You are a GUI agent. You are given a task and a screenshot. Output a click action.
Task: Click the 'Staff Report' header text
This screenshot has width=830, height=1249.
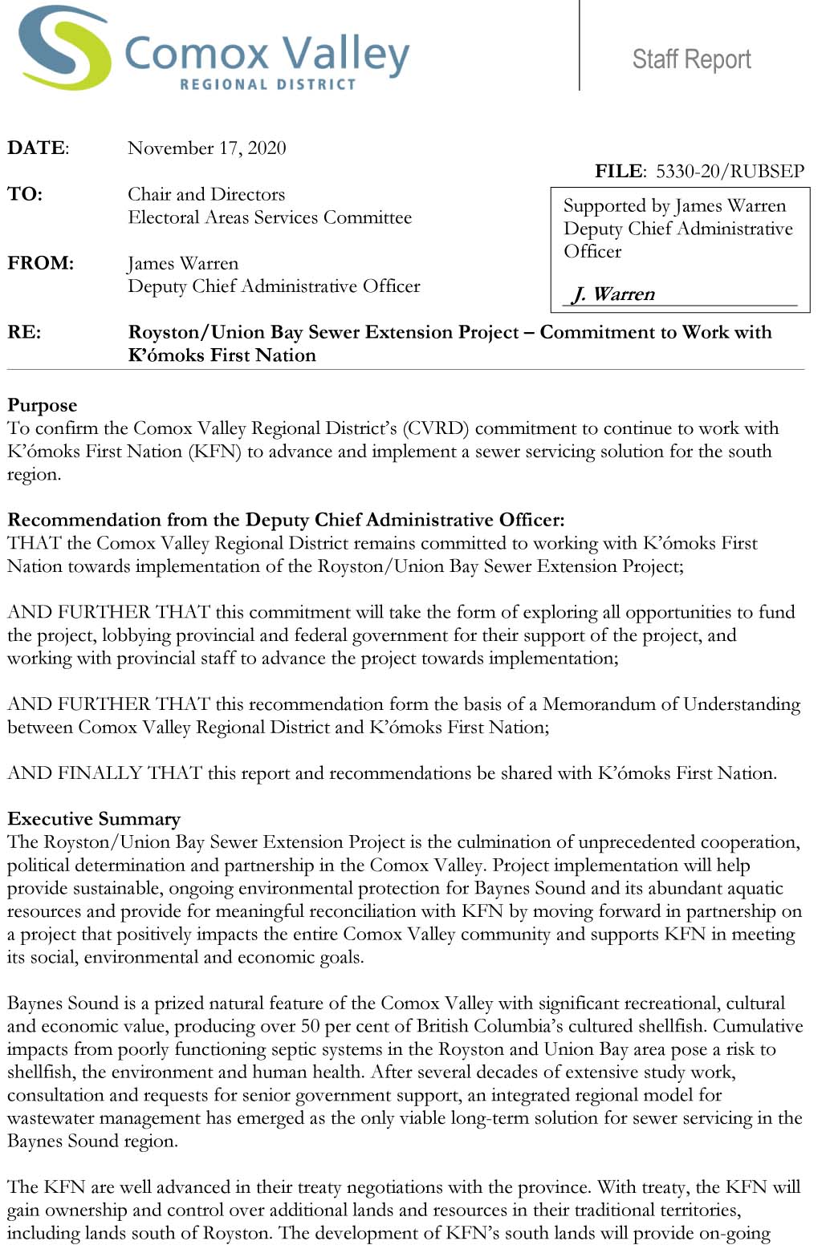click(x=691, y=59)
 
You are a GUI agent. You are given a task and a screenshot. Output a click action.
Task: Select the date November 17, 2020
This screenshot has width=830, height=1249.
click(x=206, y=148)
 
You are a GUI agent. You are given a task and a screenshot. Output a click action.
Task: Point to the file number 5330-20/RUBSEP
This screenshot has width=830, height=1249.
click(x=729, y=171)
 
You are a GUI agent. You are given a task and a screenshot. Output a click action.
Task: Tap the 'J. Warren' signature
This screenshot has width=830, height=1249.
click(x=614, y=294)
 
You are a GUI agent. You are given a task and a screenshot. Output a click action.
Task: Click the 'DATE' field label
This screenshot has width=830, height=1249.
click(x=38, y=148)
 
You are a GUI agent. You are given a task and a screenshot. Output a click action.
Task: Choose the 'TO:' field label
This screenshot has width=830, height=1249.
click(x=25, y=194)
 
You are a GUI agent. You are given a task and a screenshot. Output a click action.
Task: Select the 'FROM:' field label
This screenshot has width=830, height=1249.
click(x=40, y=263)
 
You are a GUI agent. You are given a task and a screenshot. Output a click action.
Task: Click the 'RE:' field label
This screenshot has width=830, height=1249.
click(x=24, y=332)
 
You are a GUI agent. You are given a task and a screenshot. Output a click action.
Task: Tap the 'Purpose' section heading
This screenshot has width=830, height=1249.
click(x=42, y=405)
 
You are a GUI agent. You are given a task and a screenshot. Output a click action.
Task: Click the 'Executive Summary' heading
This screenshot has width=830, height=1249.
click(x=94, y=819)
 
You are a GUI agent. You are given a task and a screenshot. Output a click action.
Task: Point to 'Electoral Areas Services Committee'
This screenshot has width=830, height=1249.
click(x=269, y=217)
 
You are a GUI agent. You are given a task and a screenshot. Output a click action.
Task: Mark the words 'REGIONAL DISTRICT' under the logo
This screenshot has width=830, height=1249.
click(x=267, y=83)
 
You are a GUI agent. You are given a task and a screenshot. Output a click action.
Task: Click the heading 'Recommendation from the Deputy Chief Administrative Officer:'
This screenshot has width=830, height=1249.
click(x=286, y=520)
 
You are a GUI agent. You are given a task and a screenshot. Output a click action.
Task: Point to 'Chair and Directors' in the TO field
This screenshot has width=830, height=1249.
click(x=206, y=194)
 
